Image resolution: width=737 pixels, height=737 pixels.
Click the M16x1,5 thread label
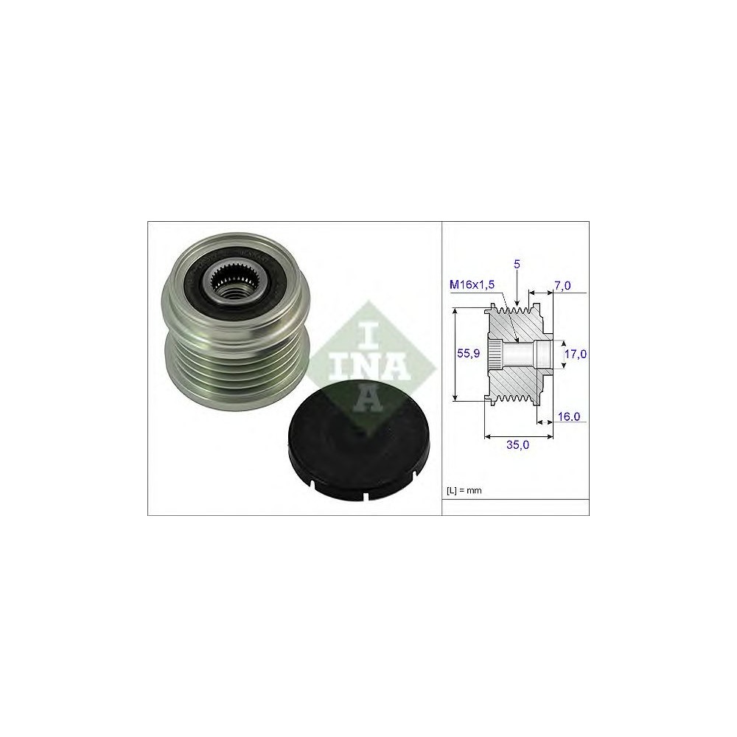(472, 284)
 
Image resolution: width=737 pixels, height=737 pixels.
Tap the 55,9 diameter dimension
(468, 354)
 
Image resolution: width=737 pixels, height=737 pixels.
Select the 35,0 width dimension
(517, 444)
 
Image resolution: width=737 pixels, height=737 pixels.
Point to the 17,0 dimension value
(576, 354)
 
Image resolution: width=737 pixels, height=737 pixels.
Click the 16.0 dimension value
(568, 416)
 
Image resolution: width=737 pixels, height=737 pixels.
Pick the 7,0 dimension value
(562, 285)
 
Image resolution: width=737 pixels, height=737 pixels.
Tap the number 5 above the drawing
(517, 264)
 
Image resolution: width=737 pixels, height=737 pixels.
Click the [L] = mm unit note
(464, 491)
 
